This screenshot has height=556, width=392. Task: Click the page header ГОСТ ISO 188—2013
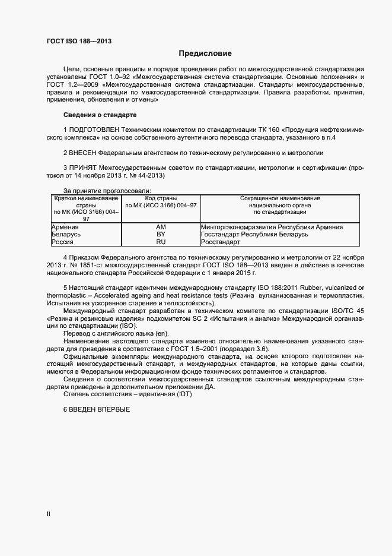[79, 41]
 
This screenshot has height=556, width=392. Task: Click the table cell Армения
[65, 227]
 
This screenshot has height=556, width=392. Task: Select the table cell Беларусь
[66, 235]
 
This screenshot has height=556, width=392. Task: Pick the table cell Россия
[63, 242]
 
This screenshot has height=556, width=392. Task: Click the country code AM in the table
[161, 227]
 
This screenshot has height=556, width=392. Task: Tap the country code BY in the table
[161, 235]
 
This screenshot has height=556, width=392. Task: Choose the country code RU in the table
[161, 242]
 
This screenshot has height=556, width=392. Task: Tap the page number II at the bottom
[49, 514]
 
